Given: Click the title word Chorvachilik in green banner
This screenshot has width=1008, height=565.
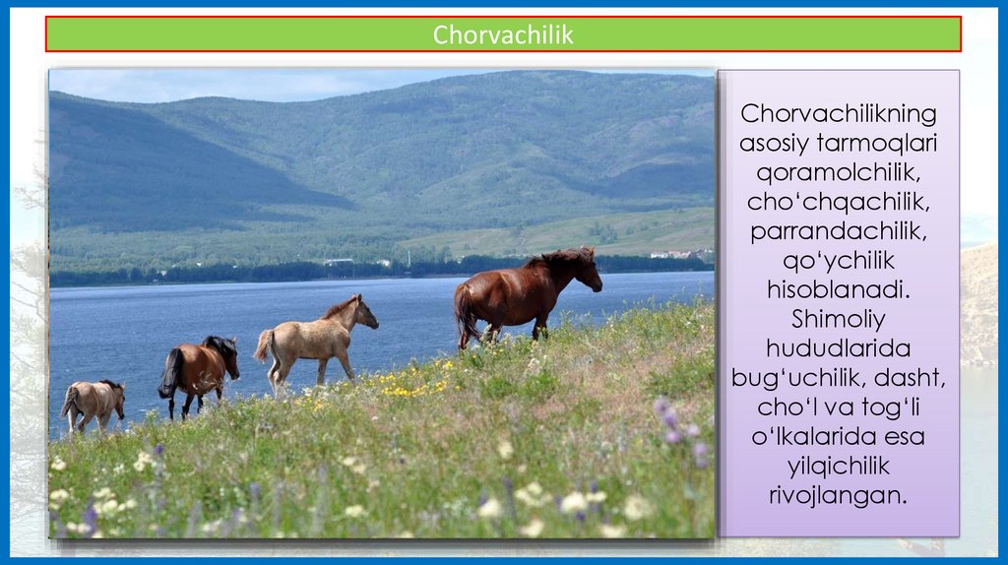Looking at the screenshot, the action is pyautogui.click(x=503, y=34).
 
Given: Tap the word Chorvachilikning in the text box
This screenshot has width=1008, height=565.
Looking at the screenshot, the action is pyautogui.click(x=839, y=114).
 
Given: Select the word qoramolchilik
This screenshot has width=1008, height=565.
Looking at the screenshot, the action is pyautogui.click(x=839, y=172).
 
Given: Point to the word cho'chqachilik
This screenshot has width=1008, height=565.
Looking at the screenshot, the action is pyautogui.click(x=839, y=202).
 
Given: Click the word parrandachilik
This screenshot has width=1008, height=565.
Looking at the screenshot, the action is pyautogui.click(x=839, y=231).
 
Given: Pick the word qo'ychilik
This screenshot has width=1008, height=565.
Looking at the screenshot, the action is pyautogui.click(x=839, y=261).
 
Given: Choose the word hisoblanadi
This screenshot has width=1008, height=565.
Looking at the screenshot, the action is pyautogui.click(x=839, y=289).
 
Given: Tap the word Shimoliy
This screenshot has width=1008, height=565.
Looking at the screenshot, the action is pyautogui.click(x=839, y=320).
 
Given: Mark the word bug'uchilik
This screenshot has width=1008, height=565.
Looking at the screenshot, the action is pyautogui.click(x=788, y=378).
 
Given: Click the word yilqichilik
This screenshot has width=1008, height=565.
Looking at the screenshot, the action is pyautogui.click(x=839, y=466).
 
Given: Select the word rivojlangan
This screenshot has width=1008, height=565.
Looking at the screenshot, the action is pyautogui.click(x=839, y=495).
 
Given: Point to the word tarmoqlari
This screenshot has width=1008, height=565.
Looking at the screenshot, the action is pyautogui.click(x=877, y=144).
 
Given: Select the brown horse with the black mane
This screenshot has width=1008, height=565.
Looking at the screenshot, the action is pyautogui.click(x=199, y=374).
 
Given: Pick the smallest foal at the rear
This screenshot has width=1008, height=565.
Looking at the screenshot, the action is pyautogui.click(x=94, y=405).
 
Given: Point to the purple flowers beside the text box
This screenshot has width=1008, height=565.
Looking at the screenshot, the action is pyautogui.click(x=681, y=427).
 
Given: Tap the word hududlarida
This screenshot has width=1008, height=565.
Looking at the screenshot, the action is pyautogui.click(x=839, y=348).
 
